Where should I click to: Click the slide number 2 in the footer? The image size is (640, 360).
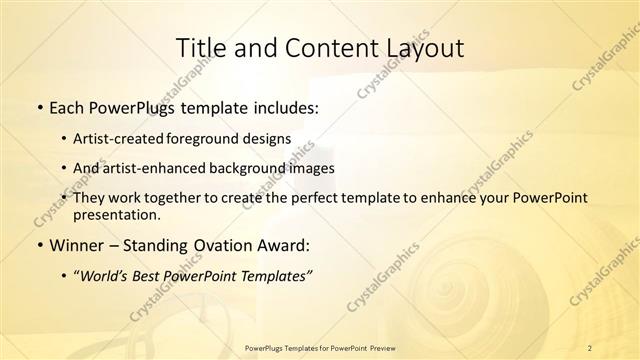590,347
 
